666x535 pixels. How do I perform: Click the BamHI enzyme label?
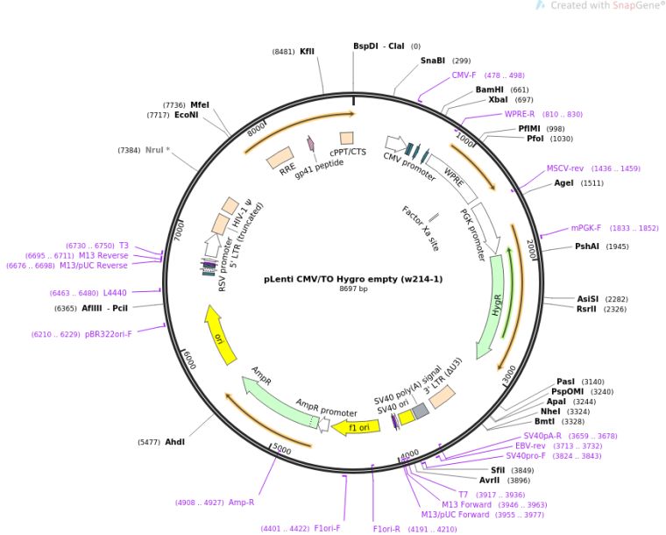point(489,89)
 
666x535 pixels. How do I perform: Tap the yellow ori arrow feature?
point(221,334)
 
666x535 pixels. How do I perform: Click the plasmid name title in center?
point(353,280)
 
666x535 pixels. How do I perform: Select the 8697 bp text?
point(353,289)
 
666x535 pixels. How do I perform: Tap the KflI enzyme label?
point(307,52)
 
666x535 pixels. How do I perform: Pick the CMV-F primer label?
point(464,75)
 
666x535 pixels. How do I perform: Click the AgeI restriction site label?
point(566,183)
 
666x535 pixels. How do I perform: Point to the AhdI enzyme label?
point(175,442)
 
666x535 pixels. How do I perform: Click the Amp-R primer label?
point(241,503)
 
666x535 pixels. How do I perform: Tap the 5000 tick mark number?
point(281,449)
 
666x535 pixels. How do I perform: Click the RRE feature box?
point(281,157)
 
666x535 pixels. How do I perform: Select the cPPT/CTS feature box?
point(347,138)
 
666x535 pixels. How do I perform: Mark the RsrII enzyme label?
point(588,309)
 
